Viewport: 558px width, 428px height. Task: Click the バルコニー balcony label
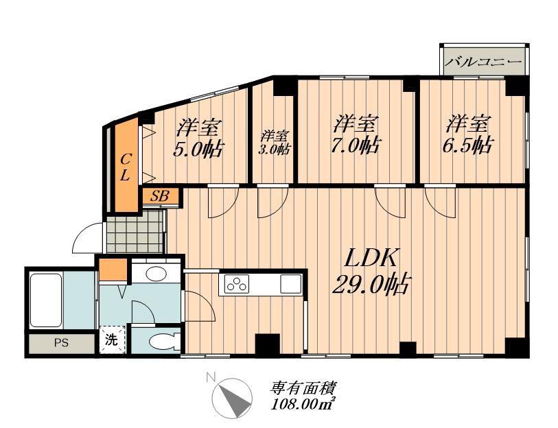click(484, 62)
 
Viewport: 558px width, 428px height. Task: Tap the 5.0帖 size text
click(198, 150)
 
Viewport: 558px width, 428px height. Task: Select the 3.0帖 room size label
click(273, 149)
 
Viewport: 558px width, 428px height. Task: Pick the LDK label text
click(371, 259)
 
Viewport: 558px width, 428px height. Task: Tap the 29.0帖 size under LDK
click(371, 284)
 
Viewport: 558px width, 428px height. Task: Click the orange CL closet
click(126, 165)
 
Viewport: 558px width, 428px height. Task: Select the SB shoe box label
click(159, 196)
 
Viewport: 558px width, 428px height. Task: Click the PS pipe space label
click(61, 344)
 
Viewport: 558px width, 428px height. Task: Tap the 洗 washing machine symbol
click(112, 340)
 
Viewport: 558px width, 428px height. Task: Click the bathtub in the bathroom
click(46, 300)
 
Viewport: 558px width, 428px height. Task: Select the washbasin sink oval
click(156, 274)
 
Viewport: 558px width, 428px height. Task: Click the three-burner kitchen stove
click(236, 284)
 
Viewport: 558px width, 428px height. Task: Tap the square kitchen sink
click(291, 284)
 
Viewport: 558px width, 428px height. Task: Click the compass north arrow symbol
click(233, 398)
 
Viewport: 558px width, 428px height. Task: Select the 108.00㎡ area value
click(303, 404)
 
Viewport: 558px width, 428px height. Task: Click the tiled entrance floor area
click(135, 231)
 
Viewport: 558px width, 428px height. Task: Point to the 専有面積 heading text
click(303, 389)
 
